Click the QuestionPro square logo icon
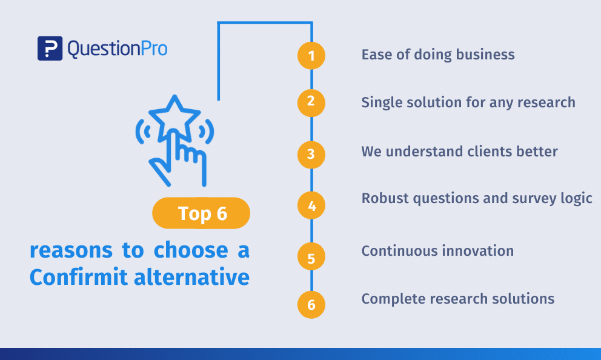pyautogui.click(x=50, y=48)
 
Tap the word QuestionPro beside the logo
pyautogui.click(x=118, y=49)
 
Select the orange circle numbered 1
pyautogui.click(x=311, y=56)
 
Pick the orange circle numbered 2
pyautogui.click(x=311, y=103)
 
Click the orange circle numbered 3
pyautogui.click(x=311, y=155)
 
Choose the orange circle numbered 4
pyautogui.click(x=311, y=205)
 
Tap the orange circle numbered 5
pyautogui.click(x=311, y=256)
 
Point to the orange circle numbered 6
pyautogui.click(x=311, y=305)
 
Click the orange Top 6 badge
pyautogui.click(x=201, y=213)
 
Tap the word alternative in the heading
pyautogui.click(x=191, y=277)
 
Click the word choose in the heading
pyautogui.click(x=191, y=250)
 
